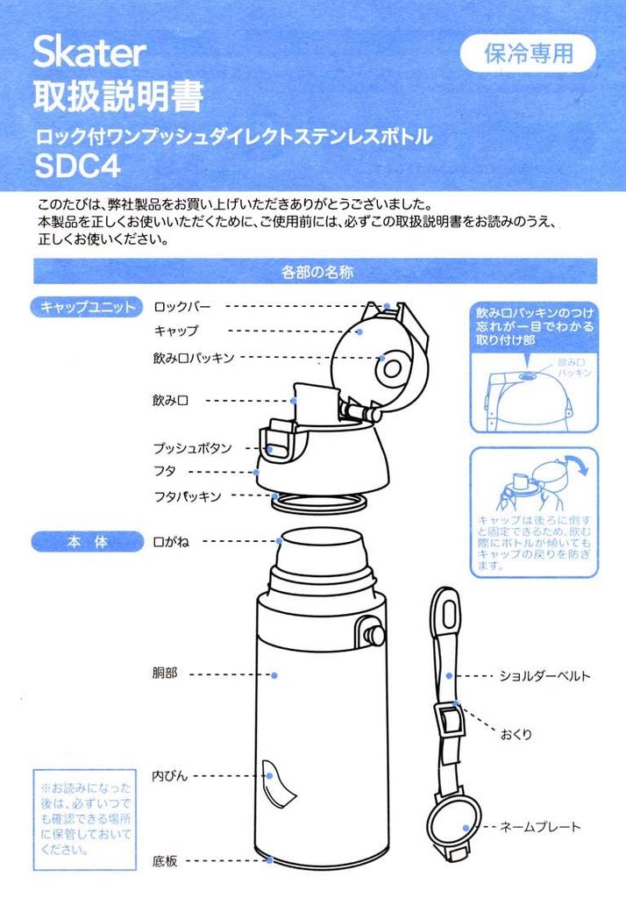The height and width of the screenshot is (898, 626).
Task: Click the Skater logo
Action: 89,53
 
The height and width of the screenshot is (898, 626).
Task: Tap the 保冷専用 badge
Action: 528,54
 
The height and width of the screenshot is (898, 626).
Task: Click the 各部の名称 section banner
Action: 316,272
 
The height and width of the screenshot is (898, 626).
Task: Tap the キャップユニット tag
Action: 86,307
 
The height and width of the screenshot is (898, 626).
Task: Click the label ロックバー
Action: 182,307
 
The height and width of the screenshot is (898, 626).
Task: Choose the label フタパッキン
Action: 187,496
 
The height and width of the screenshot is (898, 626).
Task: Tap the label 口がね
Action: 172,542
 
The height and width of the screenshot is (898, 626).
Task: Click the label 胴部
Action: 166,674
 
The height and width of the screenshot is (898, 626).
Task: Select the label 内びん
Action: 170,776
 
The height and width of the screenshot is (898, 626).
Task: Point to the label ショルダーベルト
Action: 544,676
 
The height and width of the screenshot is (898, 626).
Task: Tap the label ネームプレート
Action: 540,827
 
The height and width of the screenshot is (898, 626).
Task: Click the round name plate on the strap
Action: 452,826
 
